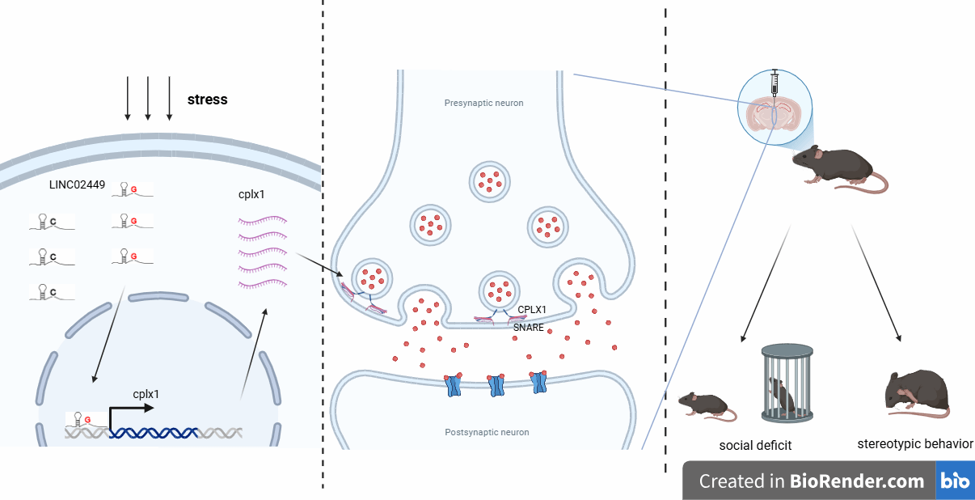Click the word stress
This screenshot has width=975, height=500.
207,100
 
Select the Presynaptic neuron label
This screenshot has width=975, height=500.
483,104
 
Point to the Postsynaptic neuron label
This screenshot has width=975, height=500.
487,432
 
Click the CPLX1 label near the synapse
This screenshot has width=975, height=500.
532,310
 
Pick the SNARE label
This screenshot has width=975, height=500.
529,328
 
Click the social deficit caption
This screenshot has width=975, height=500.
755,446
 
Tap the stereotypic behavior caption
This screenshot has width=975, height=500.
915,444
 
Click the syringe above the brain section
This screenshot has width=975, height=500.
775,83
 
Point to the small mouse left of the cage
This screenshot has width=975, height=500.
706,403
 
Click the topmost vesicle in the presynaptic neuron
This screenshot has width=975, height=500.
490,180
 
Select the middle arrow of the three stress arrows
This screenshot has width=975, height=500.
148,98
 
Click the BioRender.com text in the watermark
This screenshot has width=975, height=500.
859,481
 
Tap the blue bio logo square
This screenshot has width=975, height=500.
955,481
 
